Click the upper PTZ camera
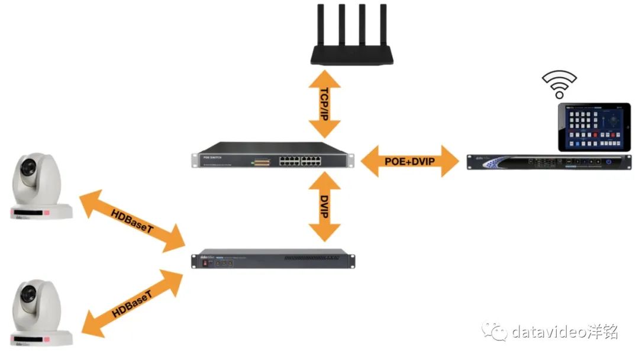39,187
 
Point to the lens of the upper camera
28,169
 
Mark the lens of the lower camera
28,294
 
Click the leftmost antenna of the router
319,24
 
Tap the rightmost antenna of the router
383,24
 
